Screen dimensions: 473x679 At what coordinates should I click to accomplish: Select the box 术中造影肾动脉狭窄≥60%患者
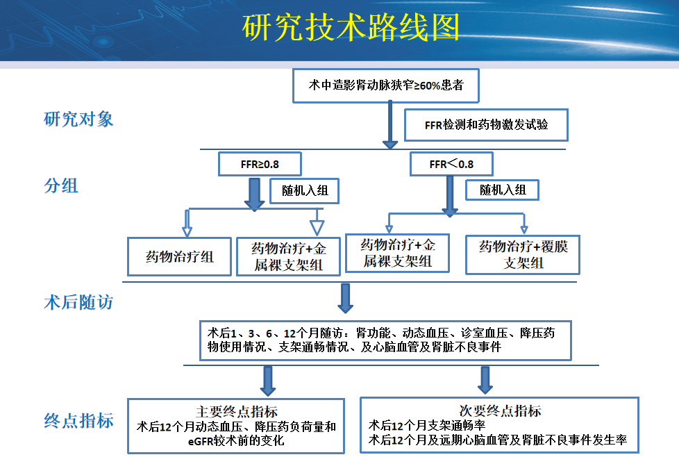click(x=386, y=85)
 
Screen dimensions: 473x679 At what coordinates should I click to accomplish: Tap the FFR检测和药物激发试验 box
click(x=486, y=125)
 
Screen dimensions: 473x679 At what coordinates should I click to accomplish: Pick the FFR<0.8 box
click(x=451, y=165)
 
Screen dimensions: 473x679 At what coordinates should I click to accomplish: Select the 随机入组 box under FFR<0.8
click(x=503, y=190)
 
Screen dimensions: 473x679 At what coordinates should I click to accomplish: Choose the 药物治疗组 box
click(x=179, y=256)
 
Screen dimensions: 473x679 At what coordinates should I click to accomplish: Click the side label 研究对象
click(x=78, y=119)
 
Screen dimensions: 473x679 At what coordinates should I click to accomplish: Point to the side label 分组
click(x=61, y=185)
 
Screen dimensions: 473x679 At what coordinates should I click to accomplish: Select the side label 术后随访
click(x=78, y=303)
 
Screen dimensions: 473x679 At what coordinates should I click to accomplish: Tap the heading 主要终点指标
click(x=237, y=411)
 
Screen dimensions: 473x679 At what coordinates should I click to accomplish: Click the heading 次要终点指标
click(x=501, y=410)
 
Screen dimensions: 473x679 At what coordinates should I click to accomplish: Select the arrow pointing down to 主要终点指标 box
click(x=268, y=381)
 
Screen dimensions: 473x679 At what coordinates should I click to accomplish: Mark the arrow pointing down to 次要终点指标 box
click(x=485, y=380)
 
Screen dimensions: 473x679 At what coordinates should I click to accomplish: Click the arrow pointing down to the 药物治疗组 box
click(x=186, y=224)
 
